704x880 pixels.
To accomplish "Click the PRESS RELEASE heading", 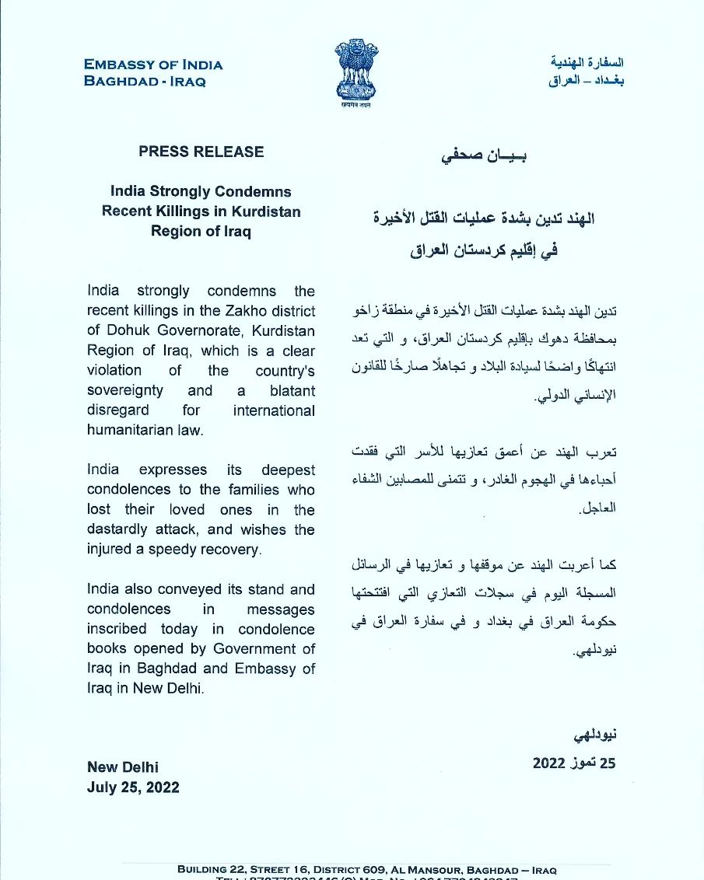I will (201, 152).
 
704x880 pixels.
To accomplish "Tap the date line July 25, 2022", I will (133, 787).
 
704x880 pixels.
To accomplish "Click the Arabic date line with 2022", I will (573, 763).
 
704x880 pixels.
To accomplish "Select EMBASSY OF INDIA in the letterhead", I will (153, 65).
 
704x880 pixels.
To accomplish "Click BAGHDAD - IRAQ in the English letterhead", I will (145, 82).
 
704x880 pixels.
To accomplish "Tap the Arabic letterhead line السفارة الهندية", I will (587, 62).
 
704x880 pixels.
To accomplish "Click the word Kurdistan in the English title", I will (263, 211).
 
